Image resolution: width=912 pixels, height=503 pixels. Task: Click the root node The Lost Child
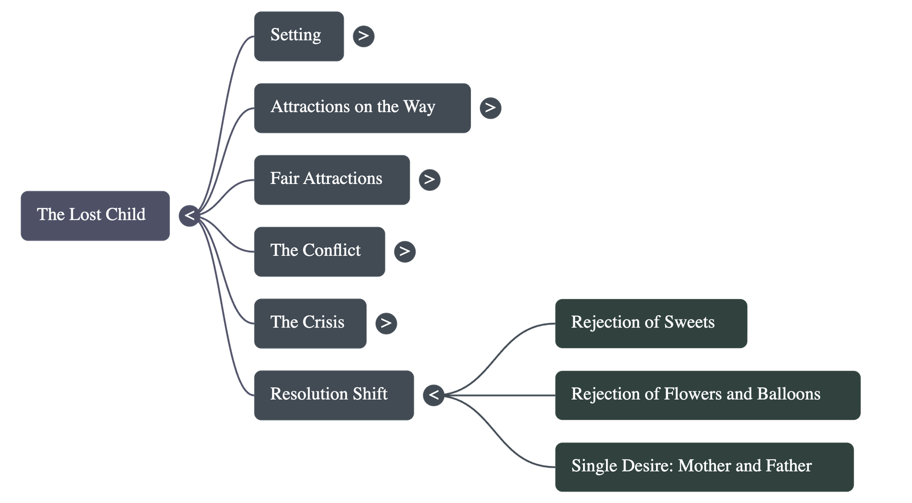(95, 215)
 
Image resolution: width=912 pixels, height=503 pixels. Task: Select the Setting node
(298, 36)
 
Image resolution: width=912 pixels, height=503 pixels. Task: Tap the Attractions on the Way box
(361, 108)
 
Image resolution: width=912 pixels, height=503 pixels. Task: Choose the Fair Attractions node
(331, 179)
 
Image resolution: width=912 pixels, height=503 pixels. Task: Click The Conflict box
(319, 251)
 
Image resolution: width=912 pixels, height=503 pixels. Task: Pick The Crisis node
(310, 323)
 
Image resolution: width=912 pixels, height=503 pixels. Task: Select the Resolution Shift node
(333, 395)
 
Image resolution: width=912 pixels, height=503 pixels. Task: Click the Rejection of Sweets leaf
(650, 323)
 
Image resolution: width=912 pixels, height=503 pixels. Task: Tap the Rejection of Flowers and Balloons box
(707, 395)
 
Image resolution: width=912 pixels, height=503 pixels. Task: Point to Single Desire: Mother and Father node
(704, 467)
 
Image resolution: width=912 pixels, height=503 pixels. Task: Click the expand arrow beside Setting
(364, 36)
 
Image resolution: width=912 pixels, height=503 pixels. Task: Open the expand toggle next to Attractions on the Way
(490, 108)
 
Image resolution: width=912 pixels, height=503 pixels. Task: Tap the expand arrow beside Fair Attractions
(429, 179)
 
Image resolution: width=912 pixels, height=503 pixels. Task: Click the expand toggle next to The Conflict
(404, 251)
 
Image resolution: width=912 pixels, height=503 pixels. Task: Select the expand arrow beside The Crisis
(386, 323)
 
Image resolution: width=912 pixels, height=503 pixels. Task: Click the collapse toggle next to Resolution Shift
(434, 395)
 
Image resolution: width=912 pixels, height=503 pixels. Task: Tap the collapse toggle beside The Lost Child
(189, 216)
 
